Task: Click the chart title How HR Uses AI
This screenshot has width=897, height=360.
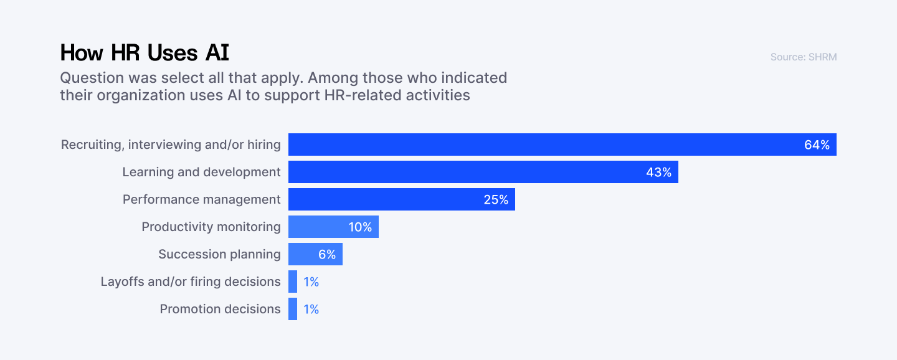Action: point(145,53)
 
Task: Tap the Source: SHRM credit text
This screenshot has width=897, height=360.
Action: point(803,57)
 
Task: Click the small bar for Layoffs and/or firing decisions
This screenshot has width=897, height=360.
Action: point(293,282)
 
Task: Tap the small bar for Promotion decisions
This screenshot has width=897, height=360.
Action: point(293,309)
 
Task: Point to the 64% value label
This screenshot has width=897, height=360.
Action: point(817,145)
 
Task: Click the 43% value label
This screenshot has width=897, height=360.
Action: point(658,173)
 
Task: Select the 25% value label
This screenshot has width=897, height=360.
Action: point(496,200)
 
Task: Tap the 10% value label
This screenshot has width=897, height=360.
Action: point(359,227)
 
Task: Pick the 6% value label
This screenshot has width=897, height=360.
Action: point(326,255)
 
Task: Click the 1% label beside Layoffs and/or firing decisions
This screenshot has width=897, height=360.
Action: point(311,282)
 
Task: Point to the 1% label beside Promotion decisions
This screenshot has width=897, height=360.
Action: point(311,310)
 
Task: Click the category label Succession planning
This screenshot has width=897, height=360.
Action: point(219,254)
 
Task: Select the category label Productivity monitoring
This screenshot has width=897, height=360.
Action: point(211,227)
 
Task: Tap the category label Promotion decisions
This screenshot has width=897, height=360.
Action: point(220,309)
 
